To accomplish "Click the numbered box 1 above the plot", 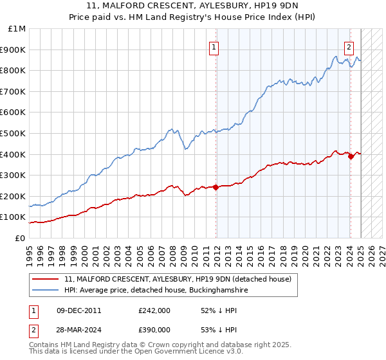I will tap(213, 46).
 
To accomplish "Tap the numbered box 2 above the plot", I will tap(349, 46).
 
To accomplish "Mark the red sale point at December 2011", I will tap(216, 187).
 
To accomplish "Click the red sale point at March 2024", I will tap(351, 156).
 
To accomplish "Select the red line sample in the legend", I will tap(46, 279).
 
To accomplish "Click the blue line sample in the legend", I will tap(46, 291).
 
